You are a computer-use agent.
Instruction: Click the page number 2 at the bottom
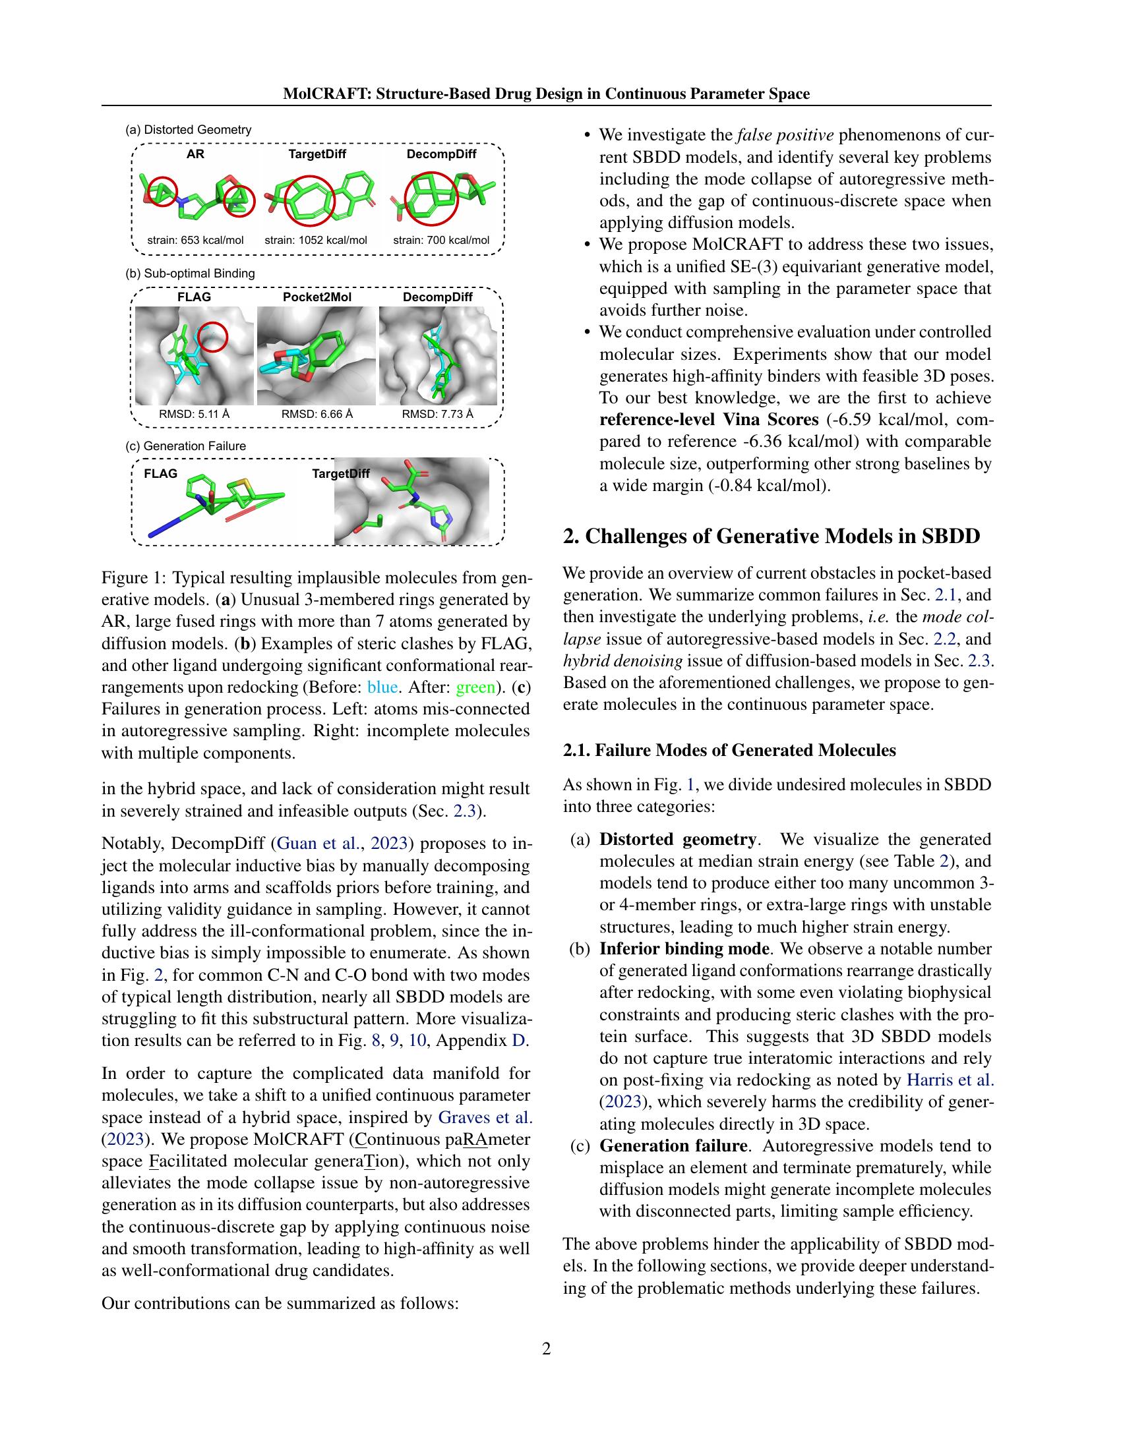click(546, 1348)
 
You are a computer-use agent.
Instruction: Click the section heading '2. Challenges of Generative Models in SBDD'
click(771, 536)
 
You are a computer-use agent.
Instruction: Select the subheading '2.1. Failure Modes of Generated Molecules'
click(729, 750)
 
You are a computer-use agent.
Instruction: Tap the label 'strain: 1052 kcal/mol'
click(315, 241)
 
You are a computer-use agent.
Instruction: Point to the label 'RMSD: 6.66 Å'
click(317, 415)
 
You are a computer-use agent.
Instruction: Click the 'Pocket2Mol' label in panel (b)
click(317, 297)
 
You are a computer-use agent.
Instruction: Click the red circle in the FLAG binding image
click(213, 337)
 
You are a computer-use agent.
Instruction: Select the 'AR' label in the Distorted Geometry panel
click(195, 154)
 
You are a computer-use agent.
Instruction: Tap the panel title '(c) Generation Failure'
click(185, 446)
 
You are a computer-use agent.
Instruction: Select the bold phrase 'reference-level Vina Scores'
click(709, 420)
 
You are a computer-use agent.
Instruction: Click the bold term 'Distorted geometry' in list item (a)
click(677, 839)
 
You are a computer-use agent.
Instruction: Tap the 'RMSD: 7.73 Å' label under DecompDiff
click(438, 415)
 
